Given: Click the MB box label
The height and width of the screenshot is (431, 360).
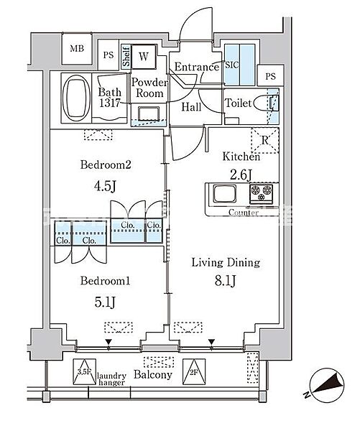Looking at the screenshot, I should tap(76, 50).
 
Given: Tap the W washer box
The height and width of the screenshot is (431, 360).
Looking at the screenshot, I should tap(143, 56).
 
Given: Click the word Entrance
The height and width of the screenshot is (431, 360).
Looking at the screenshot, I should tap(196, 68).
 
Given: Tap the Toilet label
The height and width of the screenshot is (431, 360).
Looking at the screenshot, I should tap(238, 103).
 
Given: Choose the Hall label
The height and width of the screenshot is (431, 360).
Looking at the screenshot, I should tap(191, 107).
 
